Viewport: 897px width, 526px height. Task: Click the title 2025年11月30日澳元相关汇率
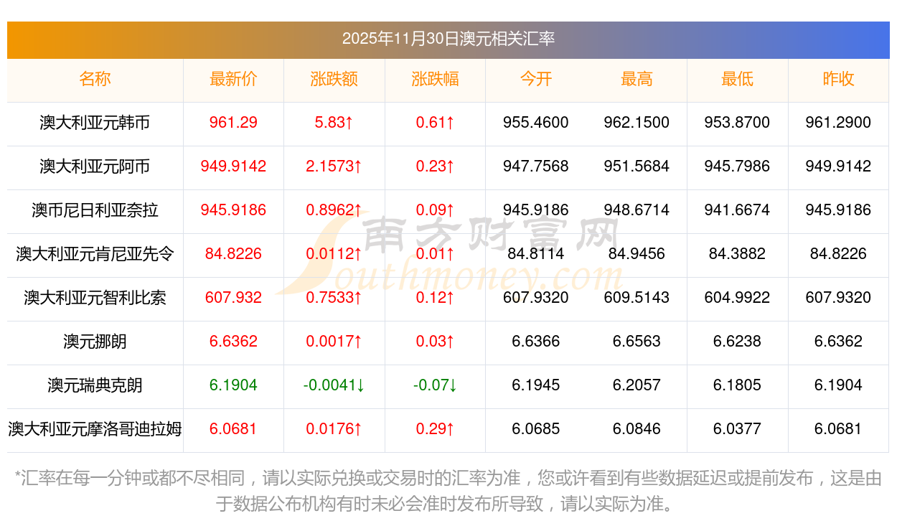click(448, 39)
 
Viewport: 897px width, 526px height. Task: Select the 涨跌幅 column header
click(435, 79)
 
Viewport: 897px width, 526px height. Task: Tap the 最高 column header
click(637, 79)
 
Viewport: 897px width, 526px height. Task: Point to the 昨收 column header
click(838, 79)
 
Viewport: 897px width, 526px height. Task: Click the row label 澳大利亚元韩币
click(95, 123)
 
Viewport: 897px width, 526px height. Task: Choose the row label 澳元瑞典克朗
click(95, 385)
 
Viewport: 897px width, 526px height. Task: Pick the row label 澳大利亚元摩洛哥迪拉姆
click(95, 429)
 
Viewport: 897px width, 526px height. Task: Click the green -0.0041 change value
click(334, 385)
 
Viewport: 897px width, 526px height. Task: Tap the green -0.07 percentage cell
click(435, 385)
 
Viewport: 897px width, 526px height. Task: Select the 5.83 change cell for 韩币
click(334, 123)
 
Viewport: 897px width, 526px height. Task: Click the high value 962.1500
click(637, 123)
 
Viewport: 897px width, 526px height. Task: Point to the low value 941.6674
click(737, 210)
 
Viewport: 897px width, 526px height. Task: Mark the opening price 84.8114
click(535, 254)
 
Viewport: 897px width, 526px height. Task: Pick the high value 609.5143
click(637, 298)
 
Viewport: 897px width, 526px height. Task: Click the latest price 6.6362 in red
click(233, 342)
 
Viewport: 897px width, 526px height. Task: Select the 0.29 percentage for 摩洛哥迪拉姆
click(435, 429)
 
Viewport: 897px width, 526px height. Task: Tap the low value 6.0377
click(737, 429)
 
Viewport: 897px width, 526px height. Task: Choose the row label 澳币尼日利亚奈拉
click(95, 210)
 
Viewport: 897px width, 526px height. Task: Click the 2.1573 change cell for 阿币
click(334, 166)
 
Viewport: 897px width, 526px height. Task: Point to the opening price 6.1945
click(535, 385)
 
